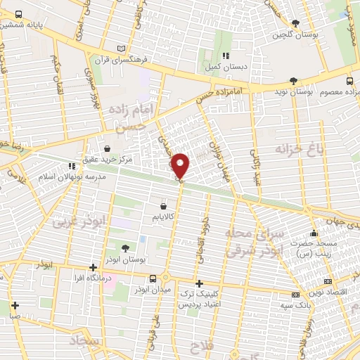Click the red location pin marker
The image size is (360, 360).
(181, 165)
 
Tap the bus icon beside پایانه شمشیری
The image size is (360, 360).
(18, 14)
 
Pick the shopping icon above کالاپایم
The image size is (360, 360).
(164, 207)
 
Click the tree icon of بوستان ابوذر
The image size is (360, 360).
(125, 248)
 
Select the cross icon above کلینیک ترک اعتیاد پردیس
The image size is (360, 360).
(200, 282)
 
